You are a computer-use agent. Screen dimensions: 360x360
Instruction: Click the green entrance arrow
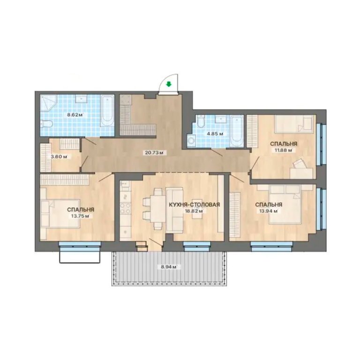point(169,84)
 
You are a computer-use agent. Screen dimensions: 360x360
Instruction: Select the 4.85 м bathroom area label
point(215,134)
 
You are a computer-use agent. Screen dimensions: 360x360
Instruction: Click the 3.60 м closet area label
point(59,157)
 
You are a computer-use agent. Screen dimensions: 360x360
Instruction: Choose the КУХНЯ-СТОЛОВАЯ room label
point(195,204)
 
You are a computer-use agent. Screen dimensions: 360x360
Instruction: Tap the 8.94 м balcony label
point(169,267)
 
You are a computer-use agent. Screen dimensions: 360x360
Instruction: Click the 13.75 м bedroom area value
point(80,216)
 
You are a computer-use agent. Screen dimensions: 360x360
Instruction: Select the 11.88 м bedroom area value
point(284,150)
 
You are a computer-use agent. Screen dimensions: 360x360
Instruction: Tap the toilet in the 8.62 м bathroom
point(46,124)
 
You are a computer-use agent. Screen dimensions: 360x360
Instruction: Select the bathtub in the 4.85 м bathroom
point(237,131)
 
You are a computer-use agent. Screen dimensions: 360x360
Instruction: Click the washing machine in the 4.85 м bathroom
point(191,140)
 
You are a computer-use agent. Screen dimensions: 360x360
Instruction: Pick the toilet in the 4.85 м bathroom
point(200,121)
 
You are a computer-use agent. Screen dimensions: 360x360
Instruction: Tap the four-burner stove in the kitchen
point(125,208)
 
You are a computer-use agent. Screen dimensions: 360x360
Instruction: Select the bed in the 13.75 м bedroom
point(60,214)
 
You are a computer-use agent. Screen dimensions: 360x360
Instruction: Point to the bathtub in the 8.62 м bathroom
point(107,111)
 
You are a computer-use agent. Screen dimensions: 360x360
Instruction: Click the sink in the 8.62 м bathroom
point(81,99)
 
